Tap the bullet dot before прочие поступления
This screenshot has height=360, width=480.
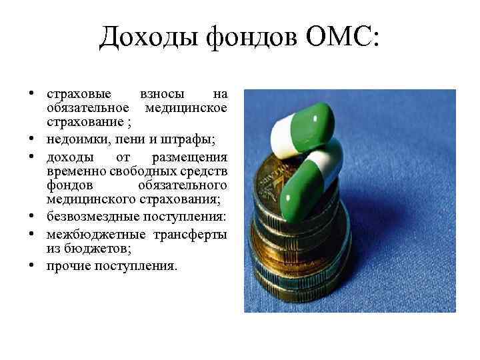32,266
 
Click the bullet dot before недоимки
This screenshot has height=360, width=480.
32,139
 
